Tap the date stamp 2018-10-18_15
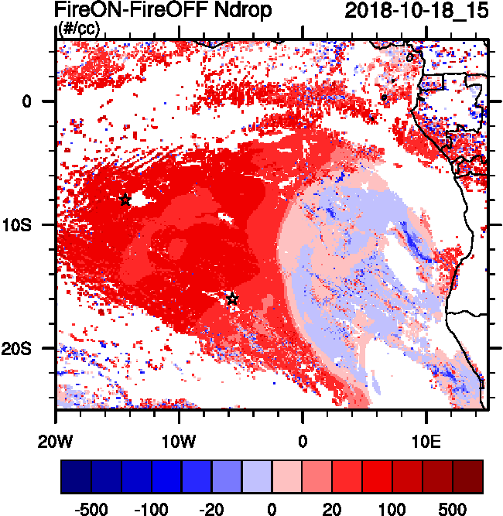click(x=411, y=11)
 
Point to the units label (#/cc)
click(x=78, y=29)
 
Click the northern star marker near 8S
click(x=125, y=200)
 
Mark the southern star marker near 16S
click(x=232, y=299)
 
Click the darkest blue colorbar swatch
click(x=76, y=477)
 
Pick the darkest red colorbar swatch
click(x=468, y=477)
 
